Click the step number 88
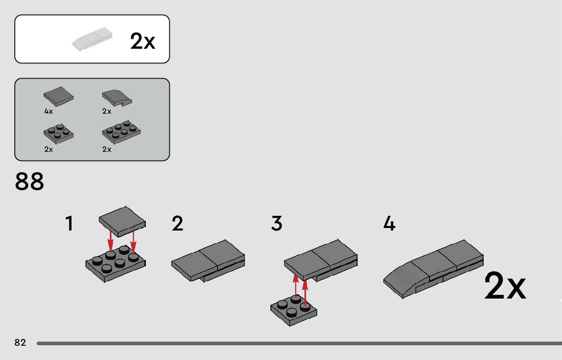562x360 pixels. (x=29, y=182)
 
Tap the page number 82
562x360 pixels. (x=20, y=343)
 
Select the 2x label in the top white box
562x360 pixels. (x=143, y=41)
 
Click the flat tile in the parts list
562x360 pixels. (x=58, y=95)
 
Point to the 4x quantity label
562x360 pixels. (x=48, y=111)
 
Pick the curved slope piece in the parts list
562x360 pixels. (x=116, y=97)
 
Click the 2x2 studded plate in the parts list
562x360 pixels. (x=58, y=133)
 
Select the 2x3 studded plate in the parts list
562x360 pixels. (x=121, y=133)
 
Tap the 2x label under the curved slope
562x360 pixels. (x=107, y=111)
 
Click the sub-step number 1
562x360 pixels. (x=70, y=224)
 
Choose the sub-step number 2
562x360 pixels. (x=177, y=224)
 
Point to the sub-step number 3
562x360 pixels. (x=276, y=224)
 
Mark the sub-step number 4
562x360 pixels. (x=389, y=224)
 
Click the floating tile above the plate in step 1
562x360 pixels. (x=122, y=221)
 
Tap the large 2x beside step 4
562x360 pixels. (x=505, y=287)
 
